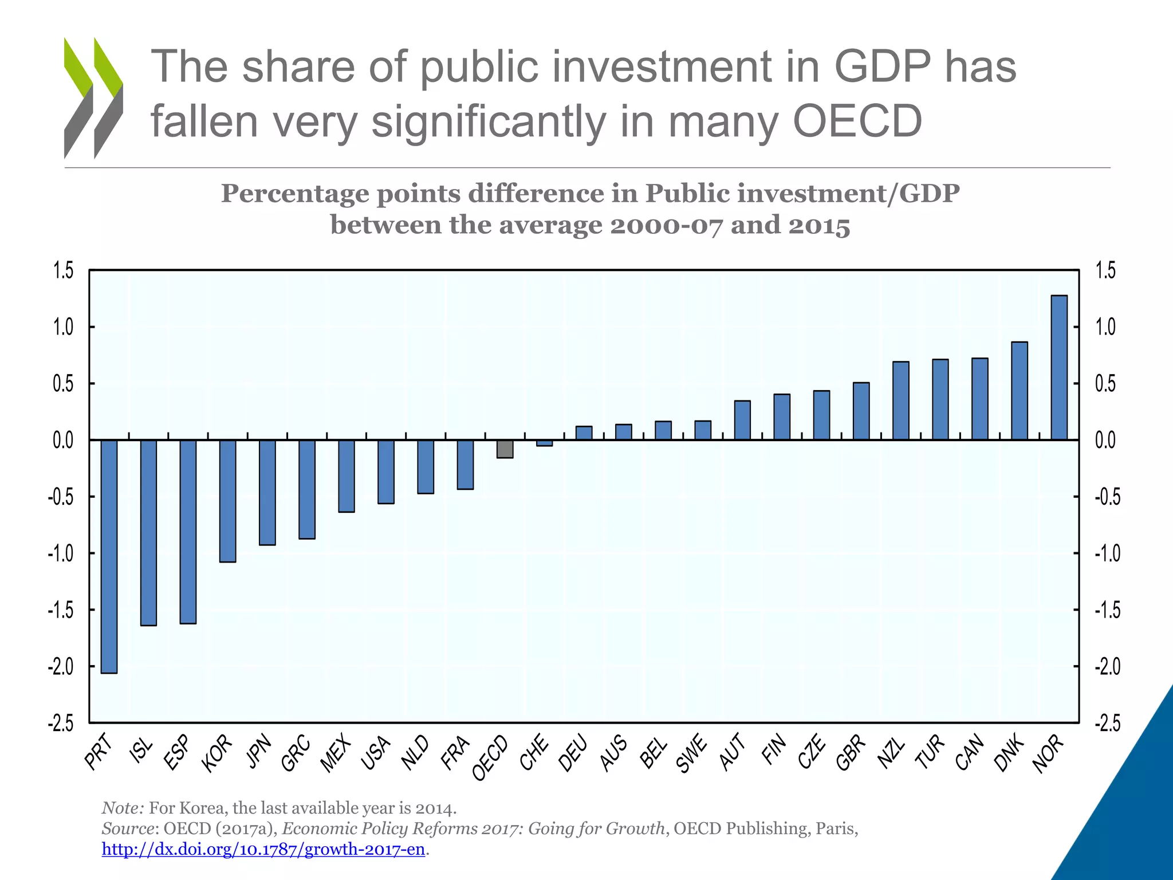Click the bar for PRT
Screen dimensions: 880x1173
pyautogui.click(x=109, y=556)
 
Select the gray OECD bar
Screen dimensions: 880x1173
pyautogui.click(x=505, y=449)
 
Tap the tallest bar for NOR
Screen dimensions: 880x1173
pyautogui.click(x=1059, y=367)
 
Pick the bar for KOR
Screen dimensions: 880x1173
pyautogui.click(x=227, y=501)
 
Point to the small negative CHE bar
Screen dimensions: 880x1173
pyautogui.click(x=544, y=443)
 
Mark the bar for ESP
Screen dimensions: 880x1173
pyautogui.click(x=188, y=531)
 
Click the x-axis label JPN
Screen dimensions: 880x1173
pyautogui.click(x=259, y=751)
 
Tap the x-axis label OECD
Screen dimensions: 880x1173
pyautogui.click(x=490, y=758)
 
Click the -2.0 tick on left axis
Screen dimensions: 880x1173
pyautogui.click(x=61, y=666)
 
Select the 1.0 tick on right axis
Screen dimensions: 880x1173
pyautogui.click(x=1105, y=327)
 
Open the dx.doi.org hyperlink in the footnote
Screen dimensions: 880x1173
pyautogui.click(x=263, y=849)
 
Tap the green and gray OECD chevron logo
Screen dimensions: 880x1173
pyautogui.click(x=93, y=97)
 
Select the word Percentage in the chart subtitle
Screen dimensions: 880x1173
pyautogui.click(x=295, y=193)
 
